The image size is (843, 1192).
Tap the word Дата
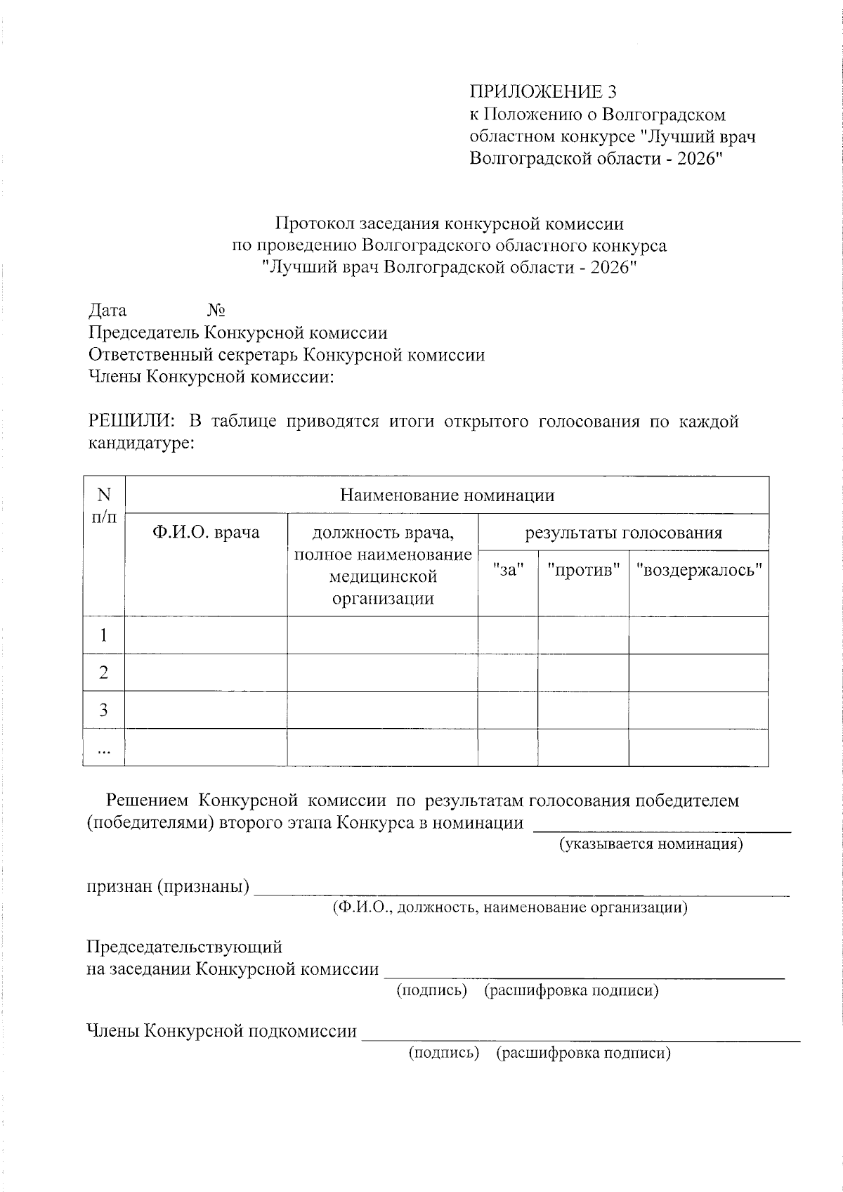pos(107,310)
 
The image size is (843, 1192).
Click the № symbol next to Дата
pos(216,310)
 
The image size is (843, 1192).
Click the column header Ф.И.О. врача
pos(206,532)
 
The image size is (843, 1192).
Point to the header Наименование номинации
pos(447,495)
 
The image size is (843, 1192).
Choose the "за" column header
pos(508,569)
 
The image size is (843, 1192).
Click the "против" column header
pos(583,569)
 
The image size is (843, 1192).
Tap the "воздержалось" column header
pos(698,569)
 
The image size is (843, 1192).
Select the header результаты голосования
pos(623,532)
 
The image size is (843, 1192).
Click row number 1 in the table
pos(104,635)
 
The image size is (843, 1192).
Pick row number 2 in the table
pos(104,673)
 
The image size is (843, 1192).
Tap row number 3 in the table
pos(104,710)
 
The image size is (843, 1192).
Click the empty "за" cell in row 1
pos(508,635)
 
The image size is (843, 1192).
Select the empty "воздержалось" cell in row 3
pos(698,710)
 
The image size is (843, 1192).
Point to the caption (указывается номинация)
pos(651,843)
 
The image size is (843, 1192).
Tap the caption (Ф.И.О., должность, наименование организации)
pos(510,907)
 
